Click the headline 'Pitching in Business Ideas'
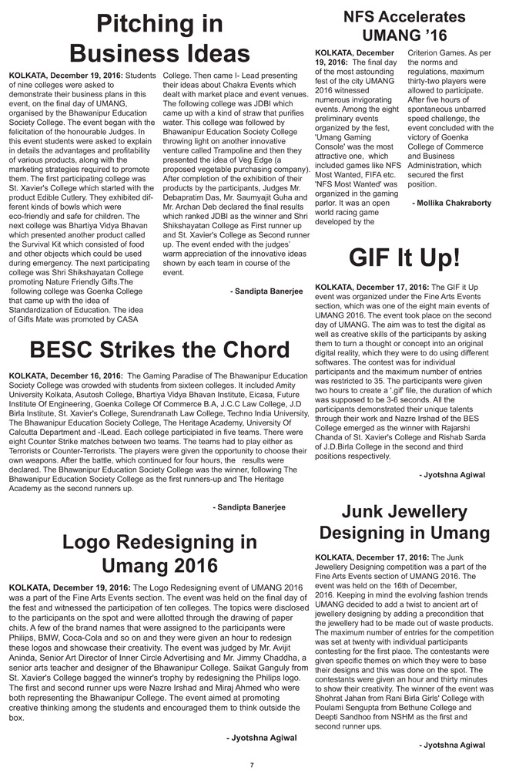pyautogui.click(x=159, y=39)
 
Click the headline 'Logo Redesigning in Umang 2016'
pyautogui.click(x=159, y=553)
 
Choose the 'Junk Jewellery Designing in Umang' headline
pyautogui.click(x=404, y=522)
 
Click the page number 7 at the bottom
pyautogui.click(x=252, y=763)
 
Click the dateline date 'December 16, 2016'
pyautogui.click(x=89, y=376)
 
